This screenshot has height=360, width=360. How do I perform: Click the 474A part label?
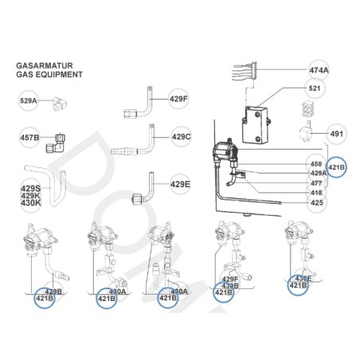click(x=318, y=69)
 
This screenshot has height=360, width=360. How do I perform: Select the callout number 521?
click(x=315, y=88)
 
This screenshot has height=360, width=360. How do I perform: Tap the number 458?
click(x=315, y=164)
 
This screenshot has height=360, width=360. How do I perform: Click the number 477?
click(x=315, y=182)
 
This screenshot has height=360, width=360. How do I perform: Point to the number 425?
click(x=315, y=202)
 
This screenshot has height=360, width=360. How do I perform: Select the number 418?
click(x=315, y=192)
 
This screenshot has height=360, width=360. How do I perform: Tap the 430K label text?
click(x=29, y=202)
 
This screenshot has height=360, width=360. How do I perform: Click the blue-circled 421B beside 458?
click(x=337, y=168)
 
